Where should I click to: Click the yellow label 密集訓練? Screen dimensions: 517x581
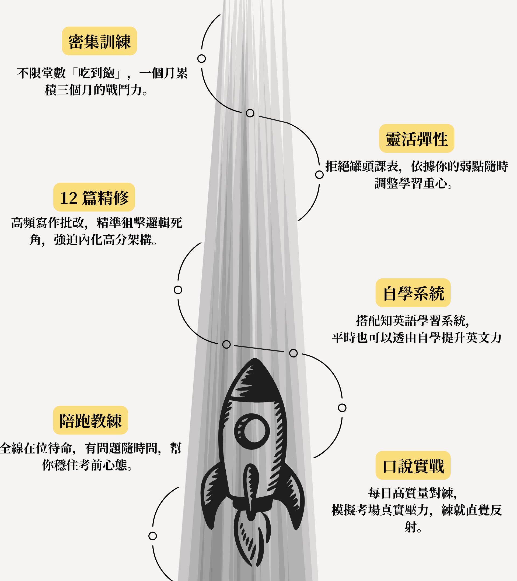pyautogui.click(x=99, y=41)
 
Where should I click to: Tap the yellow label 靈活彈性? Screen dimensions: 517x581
pyautogui.click(x=416, y=139)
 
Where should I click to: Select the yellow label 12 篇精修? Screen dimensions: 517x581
pyautogui.click(x=94, y=197)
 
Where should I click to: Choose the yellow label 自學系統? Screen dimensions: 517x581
pyautogui.click(x=413, y=293)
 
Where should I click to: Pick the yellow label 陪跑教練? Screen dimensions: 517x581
pyautogui.click(x=90, y=420)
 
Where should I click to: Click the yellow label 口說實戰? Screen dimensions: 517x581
pyautogui.click(x=413, y=465)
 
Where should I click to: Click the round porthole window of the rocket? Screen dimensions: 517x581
pyautogui.click(x=252, y=431)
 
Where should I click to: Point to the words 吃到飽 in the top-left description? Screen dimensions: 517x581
pyautogui.click(x=96, y=73)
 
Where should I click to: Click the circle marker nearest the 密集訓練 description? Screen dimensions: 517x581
pyautogui.click(x=201, y=59)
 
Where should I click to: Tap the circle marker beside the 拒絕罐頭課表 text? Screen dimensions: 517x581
pyautogui.click(x=319, y=175)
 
